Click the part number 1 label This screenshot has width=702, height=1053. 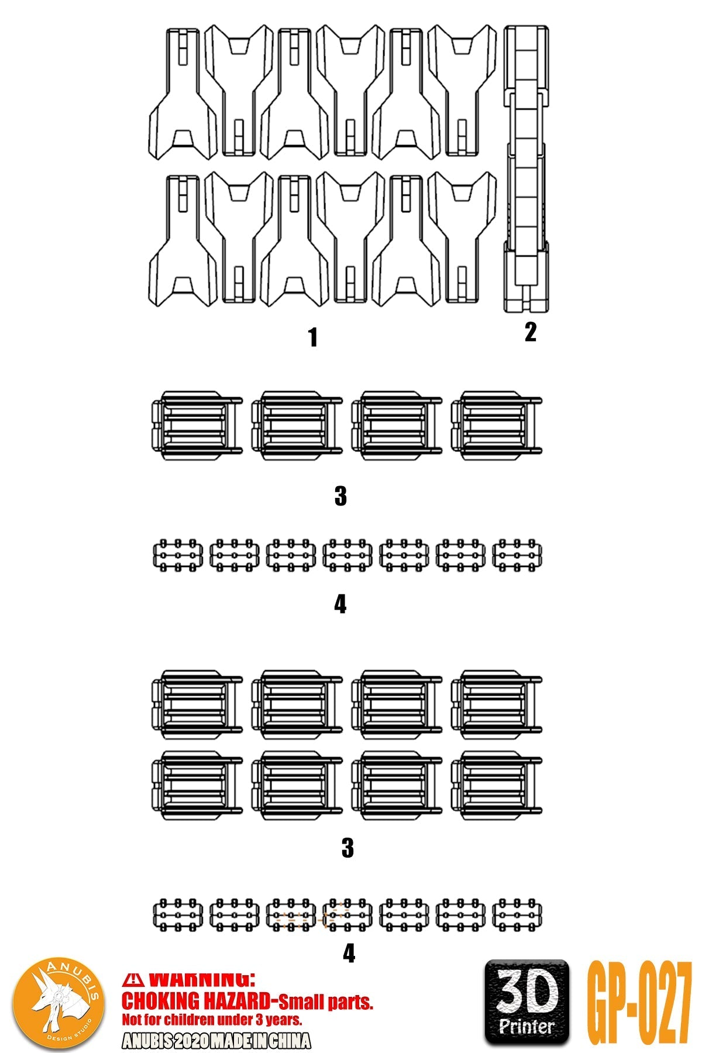coord(313,338)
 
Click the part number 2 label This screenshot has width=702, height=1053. coord(530,332)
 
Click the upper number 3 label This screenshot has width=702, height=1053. coord(340,496)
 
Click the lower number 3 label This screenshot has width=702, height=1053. coord(347,848)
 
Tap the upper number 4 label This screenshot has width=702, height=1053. coord(340,604)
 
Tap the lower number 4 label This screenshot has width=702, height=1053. coord(349,954)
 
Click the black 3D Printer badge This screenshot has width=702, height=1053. coord(526,1002)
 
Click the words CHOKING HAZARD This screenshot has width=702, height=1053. coord(195,1002)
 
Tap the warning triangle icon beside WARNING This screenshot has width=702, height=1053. coord(134,980)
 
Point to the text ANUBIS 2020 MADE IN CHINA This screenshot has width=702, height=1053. coord(216,1041)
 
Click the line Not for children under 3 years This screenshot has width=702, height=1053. coord(212,1020)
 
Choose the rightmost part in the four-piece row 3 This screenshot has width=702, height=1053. coord(496,426)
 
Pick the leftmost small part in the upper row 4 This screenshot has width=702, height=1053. coord(178,555)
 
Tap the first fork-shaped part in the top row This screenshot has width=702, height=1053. coord(183,94)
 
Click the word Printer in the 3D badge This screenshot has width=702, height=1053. coord(526,1026)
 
